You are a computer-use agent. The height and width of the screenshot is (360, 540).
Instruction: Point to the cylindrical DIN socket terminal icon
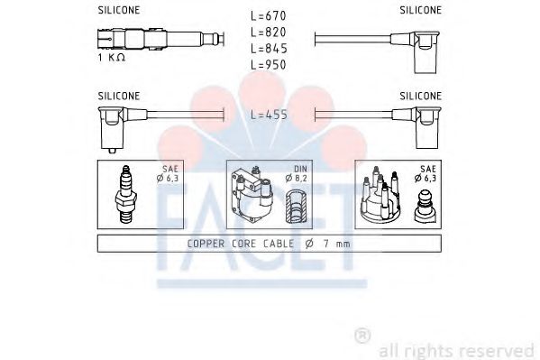point(295,209)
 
